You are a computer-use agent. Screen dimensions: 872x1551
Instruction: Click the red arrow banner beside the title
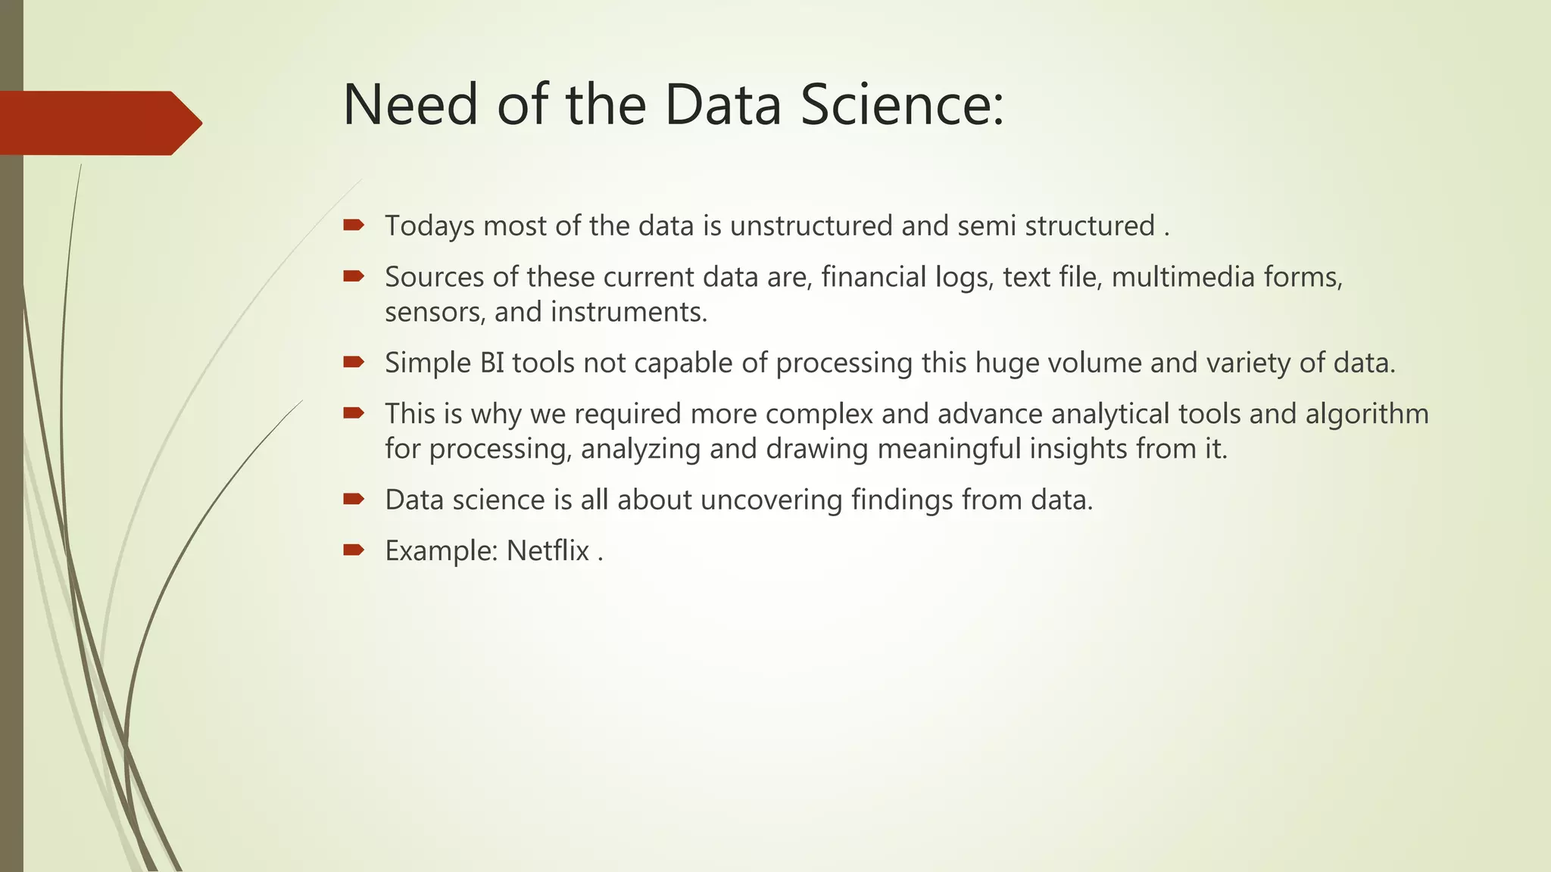(x=98, y=123)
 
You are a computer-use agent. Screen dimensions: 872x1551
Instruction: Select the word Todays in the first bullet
(x=429, y=226)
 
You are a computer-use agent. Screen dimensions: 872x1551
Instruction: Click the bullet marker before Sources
(x=354, y=276)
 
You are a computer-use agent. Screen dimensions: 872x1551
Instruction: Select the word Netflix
(x=548, y=551)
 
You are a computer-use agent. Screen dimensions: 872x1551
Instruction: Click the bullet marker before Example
(x=354, y=550)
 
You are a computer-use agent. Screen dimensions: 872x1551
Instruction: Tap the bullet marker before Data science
(x=354, y=499)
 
